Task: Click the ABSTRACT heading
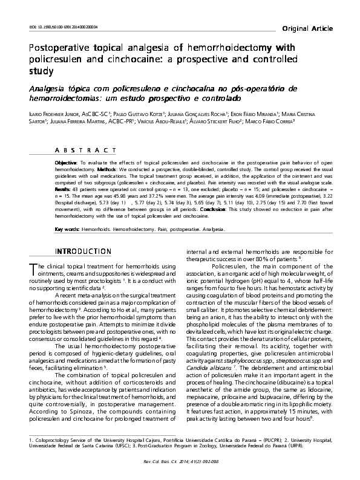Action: [90, 150]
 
